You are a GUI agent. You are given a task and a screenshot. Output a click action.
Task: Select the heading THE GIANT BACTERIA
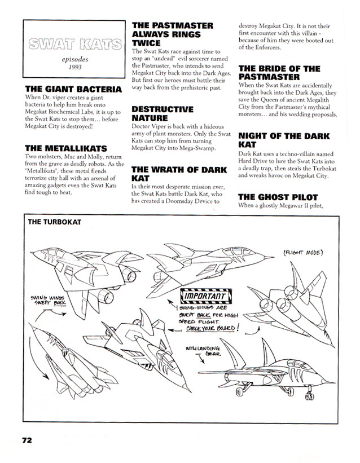(x=73, y=89)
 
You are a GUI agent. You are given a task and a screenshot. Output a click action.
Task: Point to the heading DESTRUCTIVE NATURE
(x=162, y=113)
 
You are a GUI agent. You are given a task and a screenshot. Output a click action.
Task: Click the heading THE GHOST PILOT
(x=279, y=197)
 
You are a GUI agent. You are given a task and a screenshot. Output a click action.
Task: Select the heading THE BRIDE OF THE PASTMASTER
(x=279, y=73)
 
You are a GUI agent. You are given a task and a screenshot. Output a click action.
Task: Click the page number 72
(x=29, y=440)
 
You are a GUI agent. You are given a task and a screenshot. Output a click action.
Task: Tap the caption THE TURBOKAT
(x=55, y=222)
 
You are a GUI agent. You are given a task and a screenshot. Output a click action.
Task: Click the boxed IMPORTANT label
(x=204, y=296)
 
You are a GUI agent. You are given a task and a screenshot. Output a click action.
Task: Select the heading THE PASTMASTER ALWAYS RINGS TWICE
(x=172, y=34)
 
